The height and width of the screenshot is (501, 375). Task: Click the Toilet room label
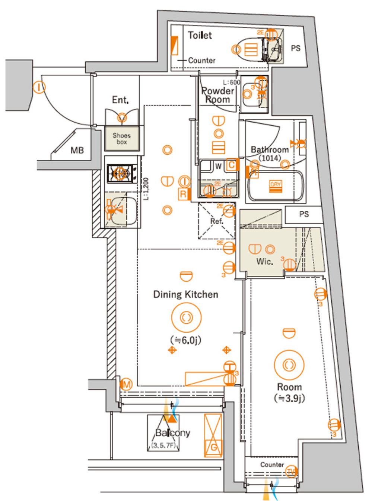[x=200, y=35]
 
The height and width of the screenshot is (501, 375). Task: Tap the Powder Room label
[x=217, y=95]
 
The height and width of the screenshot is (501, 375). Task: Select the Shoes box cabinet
[x=122, y=139]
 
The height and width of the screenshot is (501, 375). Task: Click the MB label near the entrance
[x=77, y=151]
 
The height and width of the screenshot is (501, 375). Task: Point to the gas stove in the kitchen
[x=120, y=174]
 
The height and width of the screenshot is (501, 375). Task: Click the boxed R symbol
[x=183, y=194]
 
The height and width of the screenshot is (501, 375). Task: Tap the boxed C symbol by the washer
[x=231, y=165]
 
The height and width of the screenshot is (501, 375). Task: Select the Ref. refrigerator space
[x=216, y=221]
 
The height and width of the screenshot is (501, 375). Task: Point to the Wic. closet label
[x=264, y=262]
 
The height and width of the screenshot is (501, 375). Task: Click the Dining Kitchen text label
[x=185, y=294]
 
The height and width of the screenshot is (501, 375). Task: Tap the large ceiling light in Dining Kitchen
[x=186, y=317]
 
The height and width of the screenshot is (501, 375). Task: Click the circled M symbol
[x=127, y=384]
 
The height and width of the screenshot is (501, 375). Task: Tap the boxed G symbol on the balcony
[x=213, y=447]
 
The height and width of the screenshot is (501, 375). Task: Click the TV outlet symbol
[x=291, y=472]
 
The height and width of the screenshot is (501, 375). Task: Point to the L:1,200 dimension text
[x=146, y=189]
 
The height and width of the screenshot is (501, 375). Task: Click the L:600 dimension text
[x=231, y=82]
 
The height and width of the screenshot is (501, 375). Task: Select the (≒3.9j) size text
[x=289, y=398]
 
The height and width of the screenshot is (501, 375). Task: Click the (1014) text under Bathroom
[x=270, y=158]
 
